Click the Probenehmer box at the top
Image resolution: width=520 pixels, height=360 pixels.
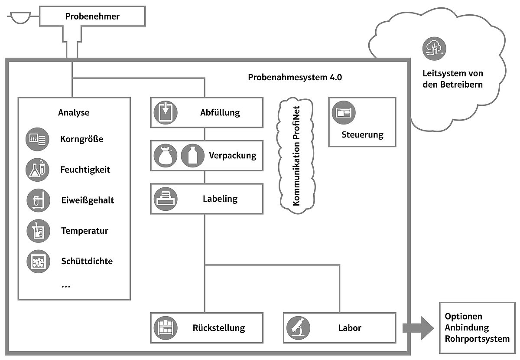point(92,17)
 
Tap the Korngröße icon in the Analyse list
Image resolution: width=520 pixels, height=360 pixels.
point(38,139)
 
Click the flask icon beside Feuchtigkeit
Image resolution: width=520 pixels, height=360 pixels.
point(38,170)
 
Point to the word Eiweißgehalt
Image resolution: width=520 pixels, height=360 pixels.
point(88,200)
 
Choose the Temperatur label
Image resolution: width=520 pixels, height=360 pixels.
point(84,231)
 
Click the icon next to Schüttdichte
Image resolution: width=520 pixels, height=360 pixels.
point(38,262)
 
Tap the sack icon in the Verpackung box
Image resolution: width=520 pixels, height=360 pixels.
point(165,155)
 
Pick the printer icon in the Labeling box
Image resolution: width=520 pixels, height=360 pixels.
point(165,199)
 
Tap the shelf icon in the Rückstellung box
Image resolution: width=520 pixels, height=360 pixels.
point(165,327)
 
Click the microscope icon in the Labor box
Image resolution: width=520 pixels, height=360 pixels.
point(298,327)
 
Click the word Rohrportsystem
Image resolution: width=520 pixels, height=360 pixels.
point(477,338)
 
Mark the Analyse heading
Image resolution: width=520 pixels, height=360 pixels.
point(74,113)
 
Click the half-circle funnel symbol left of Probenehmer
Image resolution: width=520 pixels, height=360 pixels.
point(19,18)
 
